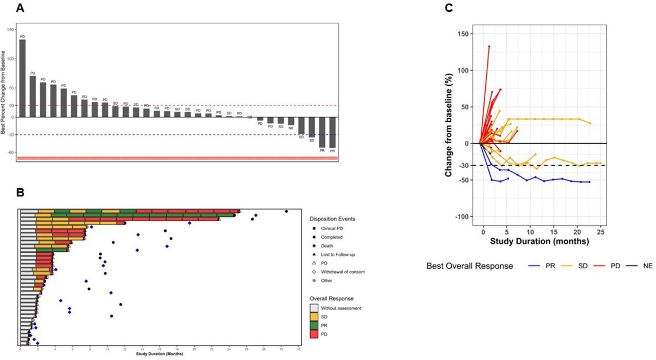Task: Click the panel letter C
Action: point(449,8)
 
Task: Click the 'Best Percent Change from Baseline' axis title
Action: point(4,92)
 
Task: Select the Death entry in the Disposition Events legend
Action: point(326,246)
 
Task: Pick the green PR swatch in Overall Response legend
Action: point(314,325)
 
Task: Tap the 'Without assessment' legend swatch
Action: point(314,308)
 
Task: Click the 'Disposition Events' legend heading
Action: point(333,219)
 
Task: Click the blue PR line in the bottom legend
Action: point(535,266)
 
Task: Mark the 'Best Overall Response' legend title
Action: point(469,266)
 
